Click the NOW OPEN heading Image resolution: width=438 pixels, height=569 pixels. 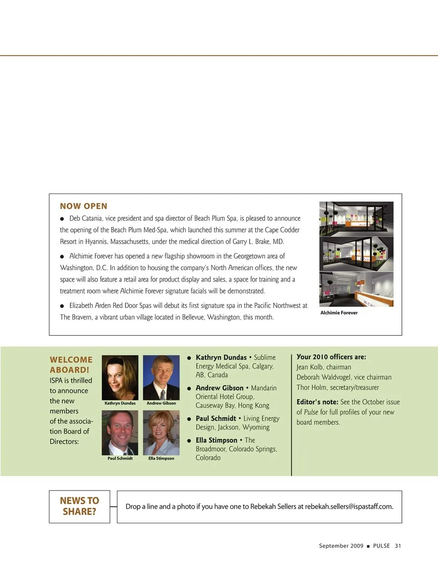pos(83,206)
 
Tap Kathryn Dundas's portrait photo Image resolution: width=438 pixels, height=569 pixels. pos(120,377)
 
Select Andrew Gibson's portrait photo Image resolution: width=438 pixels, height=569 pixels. pos(161,377)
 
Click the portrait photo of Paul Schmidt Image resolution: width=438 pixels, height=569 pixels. pos(120,432)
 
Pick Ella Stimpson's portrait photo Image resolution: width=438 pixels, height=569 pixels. pos(161,432)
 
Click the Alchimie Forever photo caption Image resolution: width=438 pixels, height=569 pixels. pos(339,313)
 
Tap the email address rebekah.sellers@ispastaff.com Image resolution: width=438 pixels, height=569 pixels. pos(349,506)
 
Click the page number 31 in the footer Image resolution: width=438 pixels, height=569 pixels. pos(398,546)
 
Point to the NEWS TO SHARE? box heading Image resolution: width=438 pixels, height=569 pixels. pos(79,506)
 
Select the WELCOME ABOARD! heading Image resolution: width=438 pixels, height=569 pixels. pos(71,365)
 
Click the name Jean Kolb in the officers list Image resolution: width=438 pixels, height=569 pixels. pos(310,367)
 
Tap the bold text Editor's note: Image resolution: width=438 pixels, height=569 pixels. pos(317,402)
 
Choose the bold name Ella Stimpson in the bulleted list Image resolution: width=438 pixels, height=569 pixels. pos(216,440)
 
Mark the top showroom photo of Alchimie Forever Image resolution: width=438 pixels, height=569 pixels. pos(356,219)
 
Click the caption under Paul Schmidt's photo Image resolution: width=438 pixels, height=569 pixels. pos(120,458)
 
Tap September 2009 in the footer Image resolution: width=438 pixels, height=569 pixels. pos(341,546)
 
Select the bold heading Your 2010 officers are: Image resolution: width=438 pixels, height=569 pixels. pos(331,357)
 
